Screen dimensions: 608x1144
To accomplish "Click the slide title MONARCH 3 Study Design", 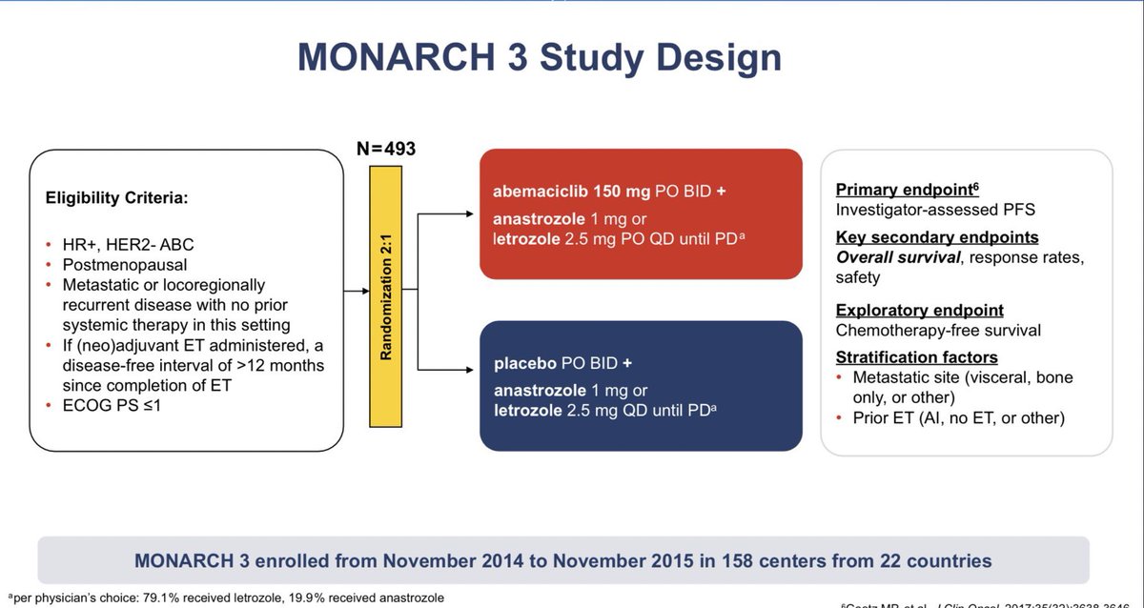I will (x=540, y=56).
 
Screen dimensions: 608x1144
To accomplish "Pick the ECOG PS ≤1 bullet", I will (x=112, y=404).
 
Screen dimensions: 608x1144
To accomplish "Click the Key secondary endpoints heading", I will (x=937, y=237).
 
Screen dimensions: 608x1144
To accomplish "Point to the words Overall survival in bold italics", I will (x=897, y=257).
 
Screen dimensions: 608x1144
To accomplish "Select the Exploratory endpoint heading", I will (x=919, y=311).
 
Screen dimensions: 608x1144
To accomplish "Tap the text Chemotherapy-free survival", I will (x=938, y=331).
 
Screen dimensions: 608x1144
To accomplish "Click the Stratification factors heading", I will (x=916, y=357).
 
